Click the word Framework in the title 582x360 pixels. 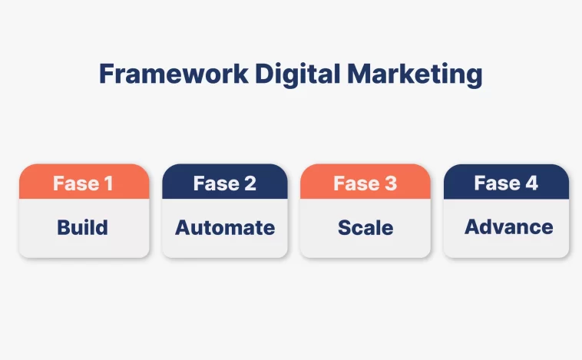click(x=174, y=74)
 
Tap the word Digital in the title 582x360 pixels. click(x=298, y=75)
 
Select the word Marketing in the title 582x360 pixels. click(x=415, y=75)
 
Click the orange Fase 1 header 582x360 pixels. click(x=84, y=181)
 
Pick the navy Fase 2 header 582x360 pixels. click(x=225, y=181)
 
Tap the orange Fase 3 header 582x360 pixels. click(x=365, y=181)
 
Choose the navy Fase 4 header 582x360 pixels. click(x=506, y=181)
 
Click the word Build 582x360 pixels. click(x=82, y=227)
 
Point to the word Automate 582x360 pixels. click(x=225, y=227)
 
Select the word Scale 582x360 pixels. click(x=365, y=227)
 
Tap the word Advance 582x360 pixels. click(x=509, y=226)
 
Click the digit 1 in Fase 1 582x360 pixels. click(x=108, y=183)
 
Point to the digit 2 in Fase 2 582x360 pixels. click(x=250, y=183)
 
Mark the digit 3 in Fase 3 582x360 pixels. click(x=391, y=183)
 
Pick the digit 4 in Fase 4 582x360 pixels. click(x=531, y=183)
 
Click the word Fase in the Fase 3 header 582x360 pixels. click(x=356, y=183)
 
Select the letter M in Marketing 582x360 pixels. click(x=359, y=74)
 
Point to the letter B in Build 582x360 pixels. click(x=64, y=227)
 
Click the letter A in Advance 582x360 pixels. click(x=472, y=226)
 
